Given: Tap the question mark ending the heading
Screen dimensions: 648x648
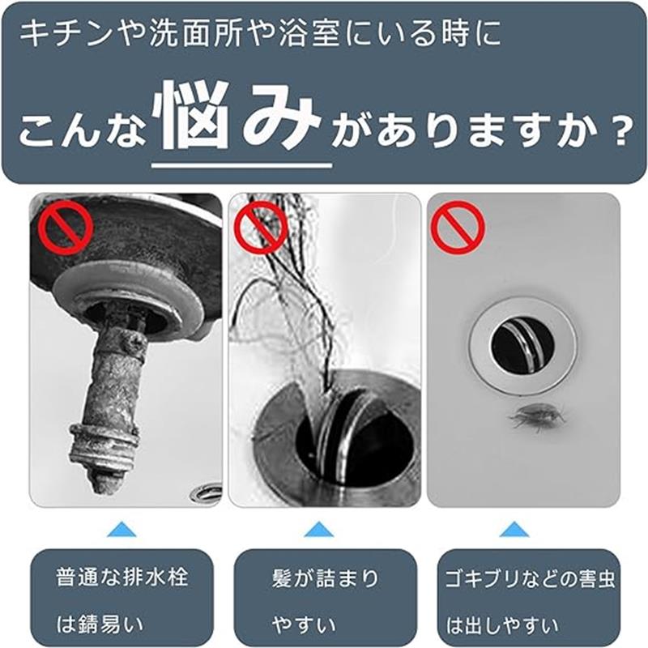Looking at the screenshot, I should pyautogui.click(x=617, y=130).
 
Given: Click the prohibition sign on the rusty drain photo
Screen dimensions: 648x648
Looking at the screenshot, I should pyautogui.click(x=62, y=228).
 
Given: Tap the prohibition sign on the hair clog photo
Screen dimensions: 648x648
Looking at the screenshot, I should pyautogui.click(x=261, y=228).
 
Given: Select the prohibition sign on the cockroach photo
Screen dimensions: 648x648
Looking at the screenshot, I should pyautogui.click(x=458, y=228).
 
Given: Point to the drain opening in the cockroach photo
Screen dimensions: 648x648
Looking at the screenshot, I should pyautogui.click(x=522, y=344).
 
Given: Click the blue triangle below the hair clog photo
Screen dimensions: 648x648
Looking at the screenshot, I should pyautogui.click(x=319, y=530).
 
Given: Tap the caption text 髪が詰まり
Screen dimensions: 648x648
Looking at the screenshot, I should pyautogui.click(x=325, y=578).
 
